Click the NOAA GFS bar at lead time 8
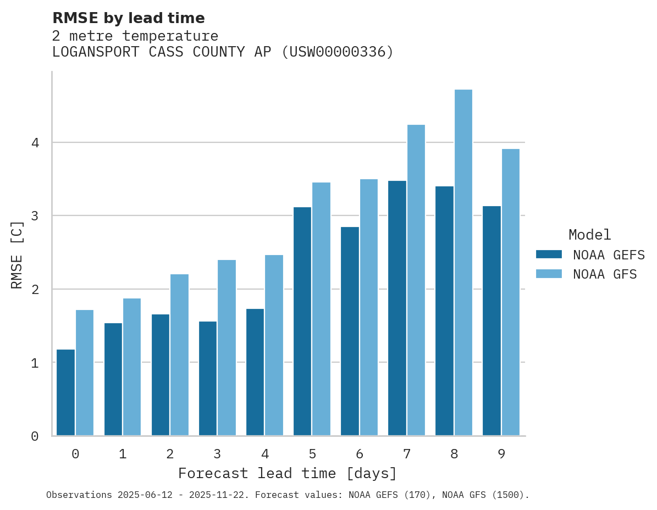[463, 263]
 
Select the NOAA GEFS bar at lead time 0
[66, 392]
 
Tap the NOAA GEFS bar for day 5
[302, 321]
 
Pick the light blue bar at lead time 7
[416, 280]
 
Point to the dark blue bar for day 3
[208, 379]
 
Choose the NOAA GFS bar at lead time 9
[510, 292]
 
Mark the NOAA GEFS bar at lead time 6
[350, 331]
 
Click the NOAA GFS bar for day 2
[179, 355]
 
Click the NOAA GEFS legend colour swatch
[549, 254]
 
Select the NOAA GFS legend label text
[605, 274]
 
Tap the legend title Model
[589, 235]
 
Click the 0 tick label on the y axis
[35, 436]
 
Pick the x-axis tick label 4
[264, 454]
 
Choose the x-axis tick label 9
[501, 454]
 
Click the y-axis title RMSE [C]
[17, 254]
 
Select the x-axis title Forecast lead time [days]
[287, 474]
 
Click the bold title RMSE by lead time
[128, 18]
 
